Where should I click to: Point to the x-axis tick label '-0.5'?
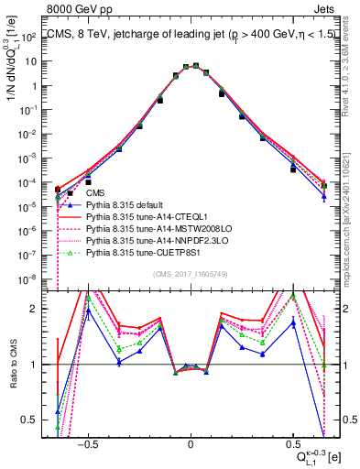(88, 441)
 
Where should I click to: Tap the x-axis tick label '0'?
(191, 441)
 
